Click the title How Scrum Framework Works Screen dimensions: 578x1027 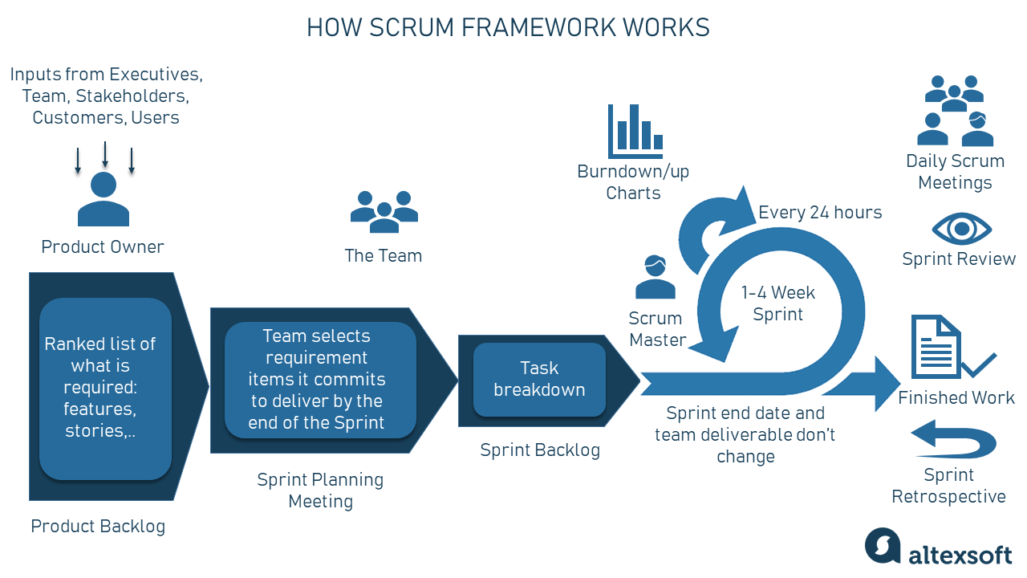[x=508, y=27]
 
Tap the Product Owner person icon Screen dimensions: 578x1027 [x=104, y=200]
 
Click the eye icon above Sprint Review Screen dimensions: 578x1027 [x=961, y=230]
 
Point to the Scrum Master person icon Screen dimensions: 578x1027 [x=655, y=278]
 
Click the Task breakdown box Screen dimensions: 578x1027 [x=539, y=380]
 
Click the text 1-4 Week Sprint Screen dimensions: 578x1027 [x=777, y=303]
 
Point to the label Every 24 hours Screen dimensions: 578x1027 [x=820, y=213]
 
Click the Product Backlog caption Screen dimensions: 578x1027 [x=98, y=527]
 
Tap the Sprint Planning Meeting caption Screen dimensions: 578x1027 [x=320, y=490]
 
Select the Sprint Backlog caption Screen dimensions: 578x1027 [x=539, y=450]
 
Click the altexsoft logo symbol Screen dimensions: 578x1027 [x=883, y=547]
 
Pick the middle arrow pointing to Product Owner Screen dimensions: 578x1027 [x=105, y=153]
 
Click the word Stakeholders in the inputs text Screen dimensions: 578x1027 [x=132, y=96]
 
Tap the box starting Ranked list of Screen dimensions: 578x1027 [x=105, y=388]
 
